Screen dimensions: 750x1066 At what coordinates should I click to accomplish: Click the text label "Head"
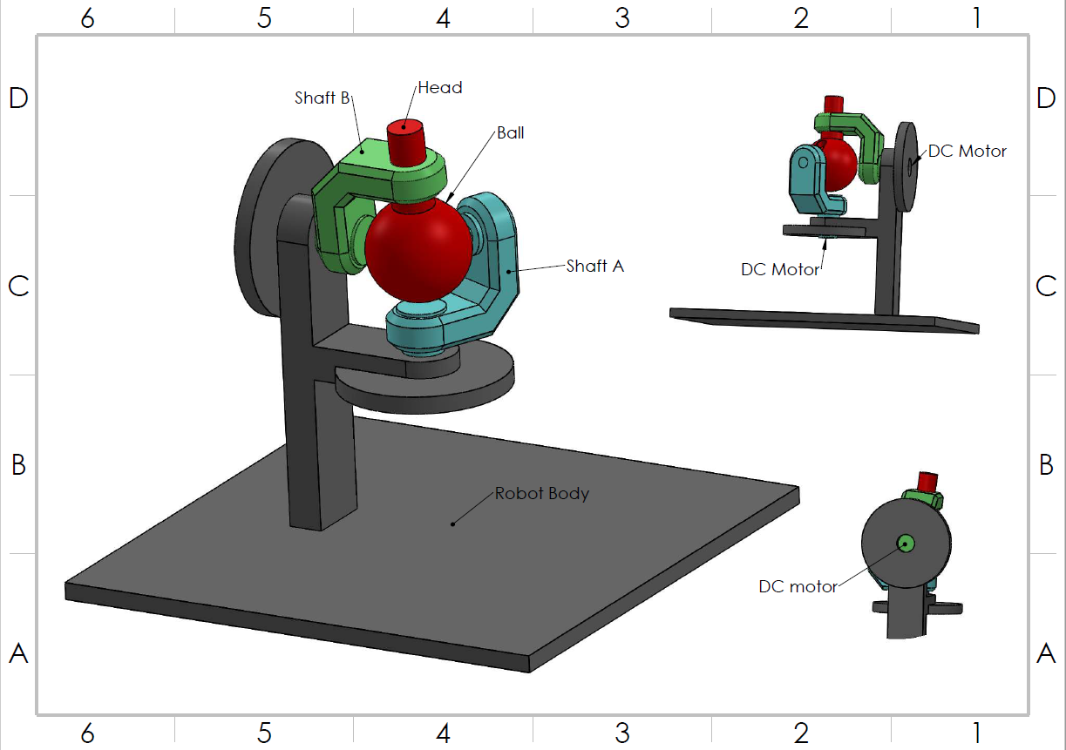[439, 88]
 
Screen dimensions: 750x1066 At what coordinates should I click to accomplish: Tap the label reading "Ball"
[510, 133]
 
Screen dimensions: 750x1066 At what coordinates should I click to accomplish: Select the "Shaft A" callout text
[594, 267]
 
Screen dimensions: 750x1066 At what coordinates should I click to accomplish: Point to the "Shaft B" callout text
[322, 98]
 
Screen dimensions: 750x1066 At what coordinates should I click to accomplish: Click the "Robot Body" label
[541, 494]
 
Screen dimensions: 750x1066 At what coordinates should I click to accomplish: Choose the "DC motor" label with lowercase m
[798, 587]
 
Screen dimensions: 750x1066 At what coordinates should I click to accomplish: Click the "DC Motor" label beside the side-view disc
[967, 152]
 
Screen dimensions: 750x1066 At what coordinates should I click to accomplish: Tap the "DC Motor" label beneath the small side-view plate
[780, 270]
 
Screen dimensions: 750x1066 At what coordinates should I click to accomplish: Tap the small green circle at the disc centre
[906, 544]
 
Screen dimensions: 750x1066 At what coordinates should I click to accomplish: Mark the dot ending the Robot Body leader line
[452, 524]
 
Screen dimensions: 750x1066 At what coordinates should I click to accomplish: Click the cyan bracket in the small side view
[807, 183]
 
